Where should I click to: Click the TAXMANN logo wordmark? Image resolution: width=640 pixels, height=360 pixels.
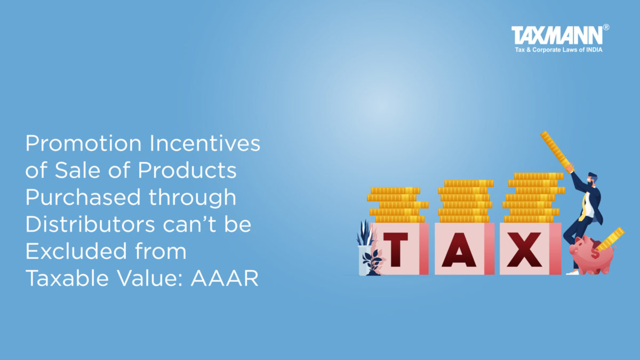tap(557, 35)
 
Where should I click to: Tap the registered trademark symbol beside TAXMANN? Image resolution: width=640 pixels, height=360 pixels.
tap(606, 27)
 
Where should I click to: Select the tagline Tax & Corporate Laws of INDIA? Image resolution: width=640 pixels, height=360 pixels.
tap(558, 50)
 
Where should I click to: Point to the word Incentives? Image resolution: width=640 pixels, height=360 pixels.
tap(205, 143)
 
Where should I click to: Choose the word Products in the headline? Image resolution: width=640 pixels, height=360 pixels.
tap(187, 170)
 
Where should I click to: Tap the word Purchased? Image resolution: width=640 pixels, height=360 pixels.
tap(83, 197)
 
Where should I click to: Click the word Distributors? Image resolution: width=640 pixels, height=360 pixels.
tap(91, 225)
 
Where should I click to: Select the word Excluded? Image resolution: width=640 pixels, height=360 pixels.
tap(76, 251)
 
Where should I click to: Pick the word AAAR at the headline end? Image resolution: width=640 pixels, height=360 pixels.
tap(225, 278)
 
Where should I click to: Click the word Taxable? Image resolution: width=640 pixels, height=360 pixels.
tap(67, 278)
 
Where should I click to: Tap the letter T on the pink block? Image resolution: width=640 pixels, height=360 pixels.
tap(395, 250)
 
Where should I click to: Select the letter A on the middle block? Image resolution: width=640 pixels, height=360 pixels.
tap(459, 250)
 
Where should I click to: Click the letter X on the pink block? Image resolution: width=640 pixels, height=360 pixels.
tap(525, 250)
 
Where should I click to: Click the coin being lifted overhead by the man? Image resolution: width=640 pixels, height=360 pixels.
tap(557, 153)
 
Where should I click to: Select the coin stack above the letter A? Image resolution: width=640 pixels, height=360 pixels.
tap(465, 201)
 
